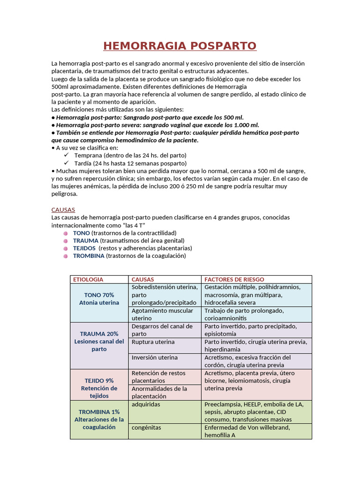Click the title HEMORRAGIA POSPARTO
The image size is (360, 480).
click(x=180, y=46)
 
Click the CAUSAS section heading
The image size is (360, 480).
click(x=63, y=210)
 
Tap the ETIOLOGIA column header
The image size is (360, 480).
click(x=88, y=279)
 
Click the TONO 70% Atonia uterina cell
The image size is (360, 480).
click(x=99, y=299)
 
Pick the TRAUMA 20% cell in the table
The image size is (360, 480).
click(x=99, y=341)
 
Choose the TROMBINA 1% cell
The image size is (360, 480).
click(x=99, y=420)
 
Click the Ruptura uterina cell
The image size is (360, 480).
click(x=153, y=342)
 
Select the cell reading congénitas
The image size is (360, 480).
click(x=146, y=427)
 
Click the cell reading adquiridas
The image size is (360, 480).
click(x=146, y=404)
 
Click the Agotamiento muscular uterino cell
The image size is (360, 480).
click(x=162, y=314)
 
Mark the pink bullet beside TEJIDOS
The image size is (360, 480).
click(x=67, y=248)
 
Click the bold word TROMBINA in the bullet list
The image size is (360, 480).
click(x=89, y=256)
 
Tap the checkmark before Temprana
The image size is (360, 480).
click(x=66, y=155)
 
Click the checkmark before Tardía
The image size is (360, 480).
click(x=66, y=163)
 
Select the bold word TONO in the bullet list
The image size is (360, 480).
click(x=82, y=233)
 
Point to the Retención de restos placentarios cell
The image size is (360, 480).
click(x=158, y=377)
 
